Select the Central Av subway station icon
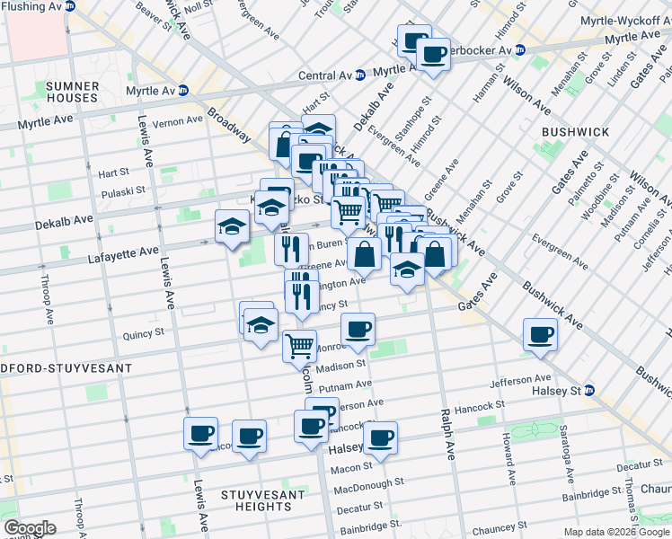click(359, 75)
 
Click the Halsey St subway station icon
click(589, 390)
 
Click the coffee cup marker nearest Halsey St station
click(541, 334)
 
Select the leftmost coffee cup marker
click(201, 434)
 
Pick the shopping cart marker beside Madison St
click(299, 344)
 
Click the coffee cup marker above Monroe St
click(358, 329)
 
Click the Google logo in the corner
click(30, 528)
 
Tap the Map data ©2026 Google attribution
click(616, 532)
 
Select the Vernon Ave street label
click(172, 122)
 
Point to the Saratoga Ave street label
click(565, 449)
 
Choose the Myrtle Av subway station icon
click(183, 89)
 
